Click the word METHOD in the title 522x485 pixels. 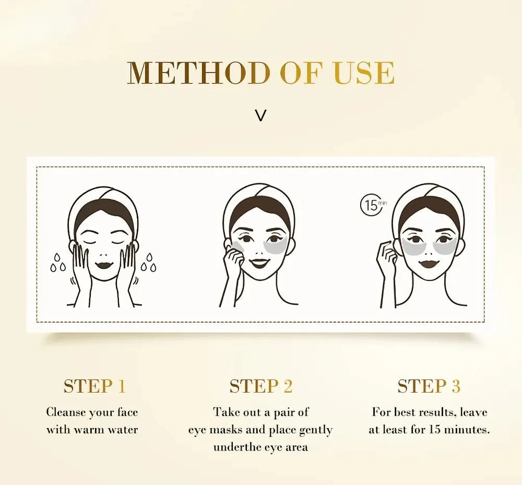[199, 73]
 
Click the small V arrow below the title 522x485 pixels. [260, 115]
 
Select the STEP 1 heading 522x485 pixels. [94, 386]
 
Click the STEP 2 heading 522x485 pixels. [260, 386]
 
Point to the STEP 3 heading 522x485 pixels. [429, 386]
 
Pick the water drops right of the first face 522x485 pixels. [149, 263]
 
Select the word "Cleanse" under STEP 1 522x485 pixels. [65, 412]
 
